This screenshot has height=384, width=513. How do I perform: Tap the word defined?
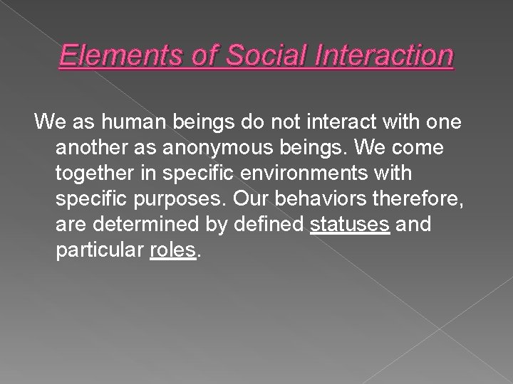pos(269,225)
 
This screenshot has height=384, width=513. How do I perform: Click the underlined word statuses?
pos(351,225)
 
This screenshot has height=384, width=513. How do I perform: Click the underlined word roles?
pos(172,251)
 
